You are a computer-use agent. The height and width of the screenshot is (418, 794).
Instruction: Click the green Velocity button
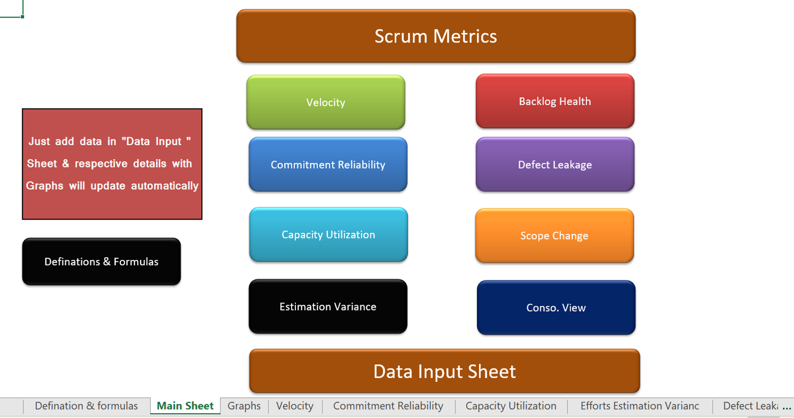pos(326,102)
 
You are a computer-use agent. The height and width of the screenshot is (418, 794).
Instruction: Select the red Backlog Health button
pos(555,101)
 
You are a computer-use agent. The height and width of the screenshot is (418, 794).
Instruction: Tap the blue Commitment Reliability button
pos(328,164)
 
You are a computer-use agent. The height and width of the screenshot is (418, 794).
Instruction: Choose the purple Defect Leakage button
pos(555,164)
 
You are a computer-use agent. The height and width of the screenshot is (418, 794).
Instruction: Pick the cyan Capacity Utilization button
pos(328,235)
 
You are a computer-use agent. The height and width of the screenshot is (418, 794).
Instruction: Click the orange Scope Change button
pos(555,236)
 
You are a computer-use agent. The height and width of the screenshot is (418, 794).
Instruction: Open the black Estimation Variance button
pos(328,306)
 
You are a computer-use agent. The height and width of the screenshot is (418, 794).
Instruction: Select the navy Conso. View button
pos(556,307)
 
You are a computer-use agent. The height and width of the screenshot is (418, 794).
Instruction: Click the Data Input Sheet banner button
pos(444,371)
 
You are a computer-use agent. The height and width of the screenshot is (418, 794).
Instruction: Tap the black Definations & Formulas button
pos(101,262)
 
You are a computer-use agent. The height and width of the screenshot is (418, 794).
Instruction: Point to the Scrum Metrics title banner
pos(436,36)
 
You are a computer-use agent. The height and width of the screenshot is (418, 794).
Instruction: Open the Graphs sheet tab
pos(244,406)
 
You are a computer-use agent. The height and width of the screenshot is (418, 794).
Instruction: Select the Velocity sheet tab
pos(295,406)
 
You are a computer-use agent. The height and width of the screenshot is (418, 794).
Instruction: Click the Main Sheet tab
pos(185,406)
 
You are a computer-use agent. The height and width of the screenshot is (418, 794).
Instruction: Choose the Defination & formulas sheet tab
pos(86,406)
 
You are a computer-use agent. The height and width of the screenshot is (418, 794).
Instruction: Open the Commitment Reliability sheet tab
pos(388,406)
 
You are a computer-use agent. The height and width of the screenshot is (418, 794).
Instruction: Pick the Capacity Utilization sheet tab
pos(511,406)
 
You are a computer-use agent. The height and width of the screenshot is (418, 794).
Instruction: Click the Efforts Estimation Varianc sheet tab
pos(640,406)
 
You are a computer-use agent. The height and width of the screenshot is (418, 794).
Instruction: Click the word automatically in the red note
pos(164,186)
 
